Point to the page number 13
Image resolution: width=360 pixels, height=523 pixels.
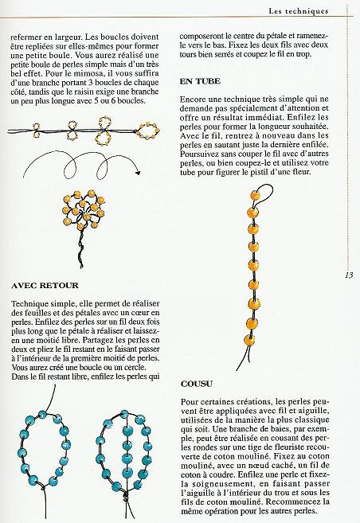tap(348, 275)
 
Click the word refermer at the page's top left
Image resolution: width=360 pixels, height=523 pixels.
tap(33, 37)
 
